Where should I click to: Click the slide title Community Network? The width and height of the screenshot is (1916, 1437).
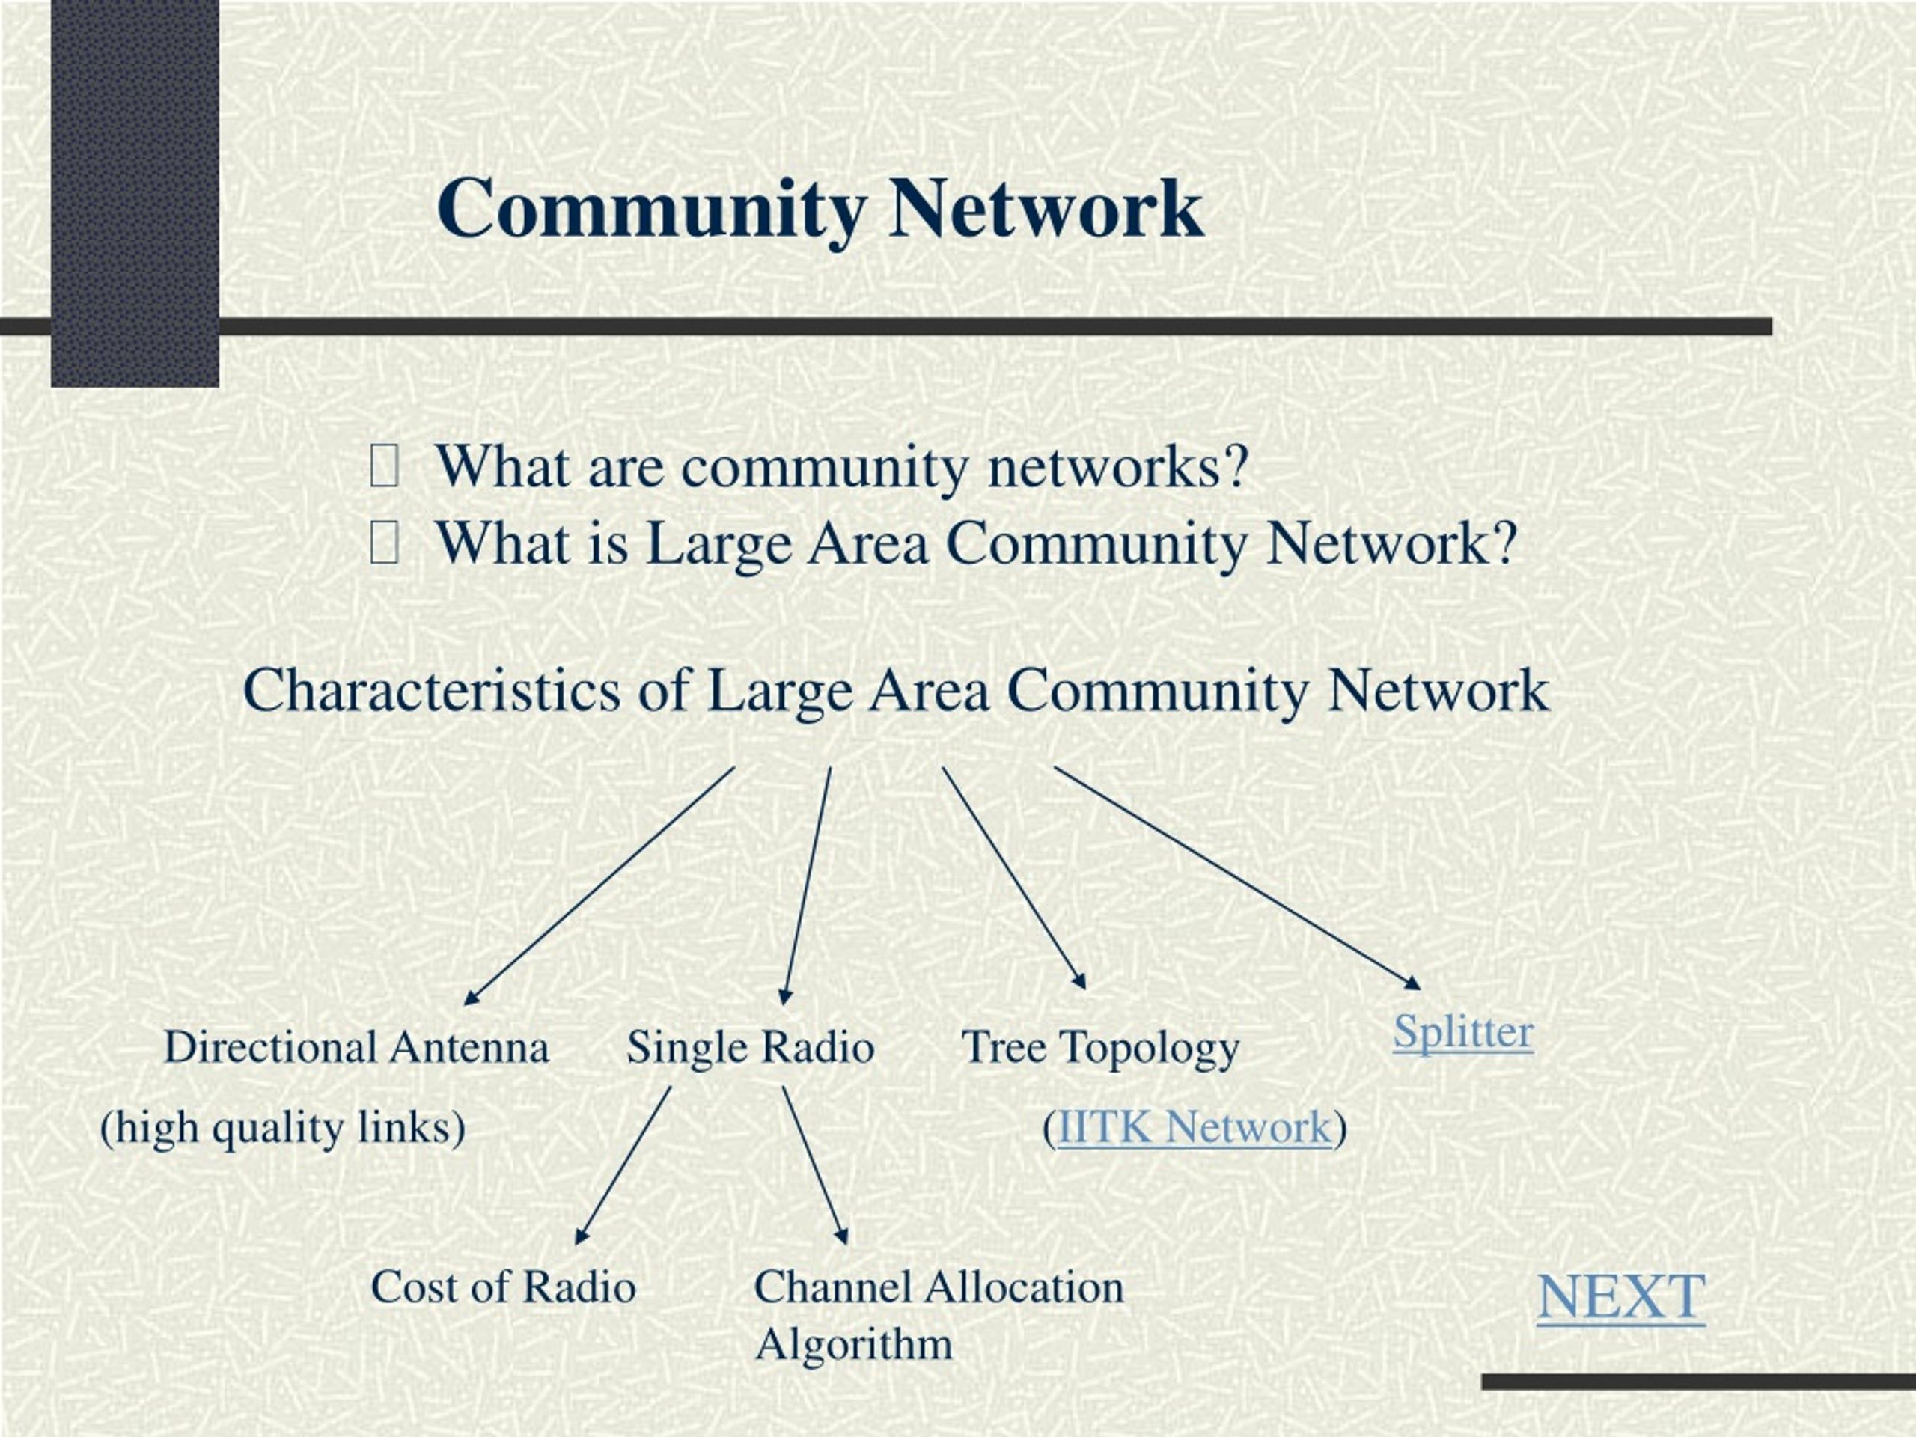(x=820, y=210)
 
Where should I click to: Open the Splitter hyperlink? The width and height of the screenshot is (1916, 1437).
(x=1463, y=1033)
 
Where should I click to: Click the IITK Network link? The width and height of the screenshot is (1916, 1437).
(x=1194, y=1127)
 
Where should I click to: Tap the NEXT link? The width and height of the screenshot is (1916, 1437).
(x=1620, y=1297)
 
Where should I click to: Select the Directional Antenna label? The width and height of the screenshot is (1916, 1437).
(x=356, y=1047)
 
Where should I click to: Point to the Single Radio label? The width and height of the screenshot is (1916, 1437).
(x=750, y=1047)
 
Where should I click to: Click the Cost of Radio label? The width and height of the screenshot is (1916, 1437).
(x=503, y=1287)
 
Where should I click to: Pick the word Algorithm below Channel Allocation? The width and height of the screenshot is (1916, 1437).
(x=853, y=1345)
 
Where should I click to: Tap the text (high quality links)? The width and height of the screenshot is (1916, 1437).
(x=282, y=1128)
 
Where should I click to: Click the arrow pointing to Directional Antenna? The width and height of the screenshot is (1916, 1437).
(x=599, y=886)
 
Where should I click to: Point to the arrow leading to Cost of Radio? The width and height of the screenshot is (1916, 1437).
(x=623, y=1166)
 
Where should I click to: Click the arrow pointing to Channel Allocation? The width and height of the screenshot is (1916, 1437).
(x=815, y=1166)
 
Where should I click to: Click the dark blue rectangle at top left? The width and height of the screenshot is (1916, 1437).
(x=135, y=192)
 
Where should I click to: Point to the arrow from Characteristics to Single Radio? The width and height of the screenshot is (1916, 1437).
(x=806, y=886)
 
